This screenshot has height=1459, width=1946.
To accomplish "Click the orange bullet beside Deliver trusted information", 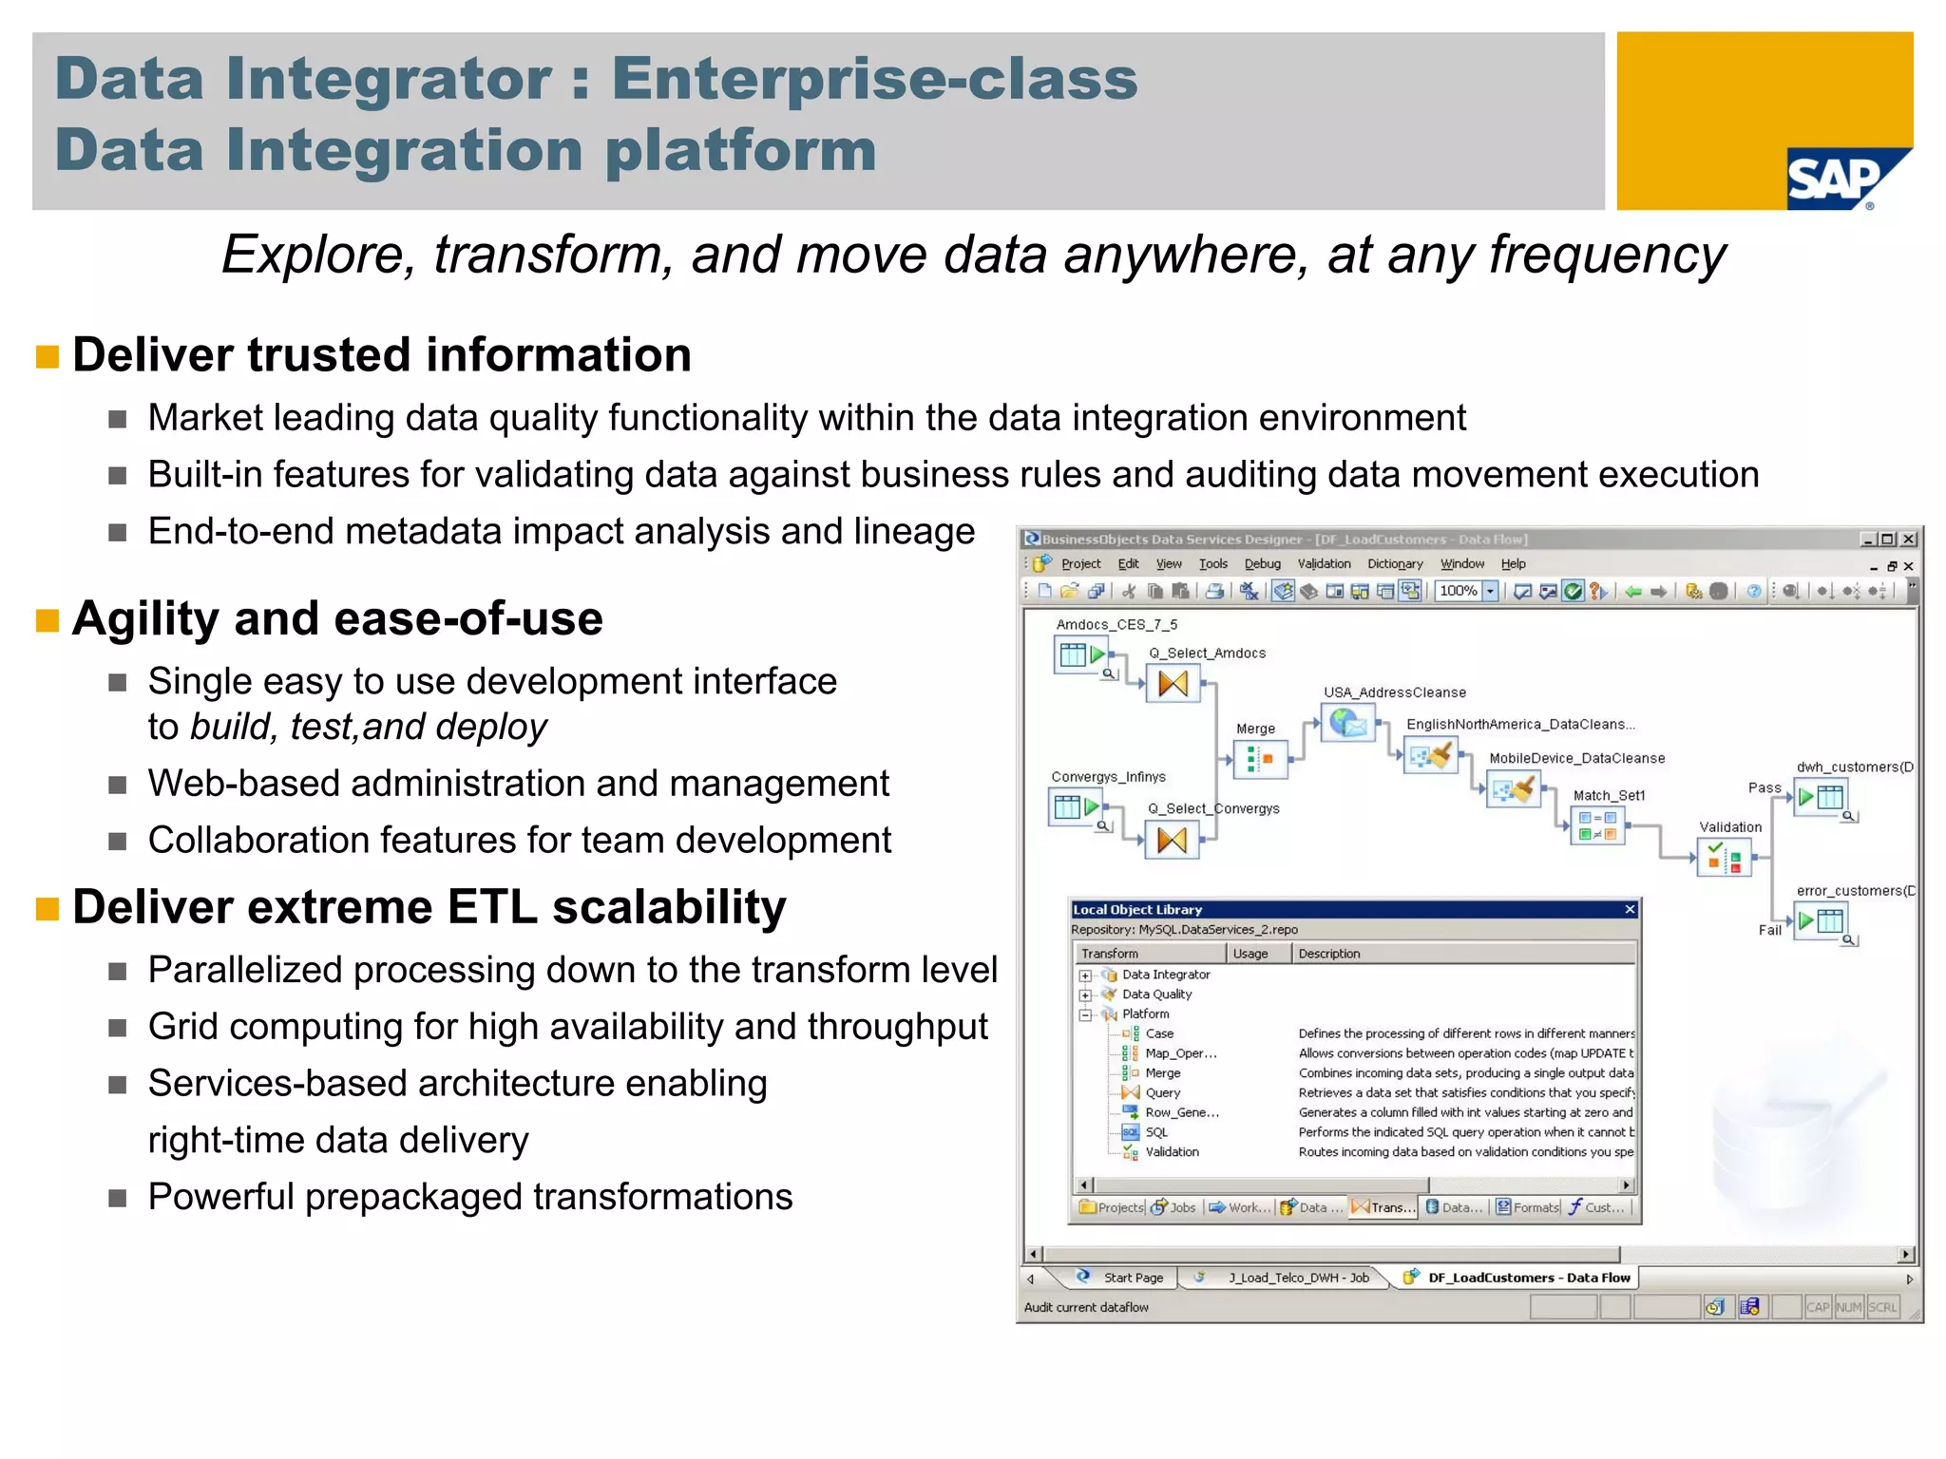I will coord(47,356).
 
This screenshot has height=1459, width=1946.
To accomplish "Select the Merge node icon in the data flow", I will coord(1260,759).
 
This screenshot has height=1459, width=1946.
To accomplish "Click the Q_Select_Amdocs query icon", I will coord(1173,683).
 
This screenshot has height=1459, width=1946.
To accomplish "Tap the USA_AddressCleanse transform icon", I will coord(1348,724).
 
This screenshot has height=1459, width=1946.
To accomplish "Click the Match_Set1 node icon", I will coord(1597,824).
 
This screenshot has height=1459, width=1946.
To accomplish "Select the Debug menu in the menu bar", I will coord(1262,563).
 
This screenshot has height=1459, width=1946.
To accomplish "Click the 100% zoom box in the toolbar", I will coord(1459,591).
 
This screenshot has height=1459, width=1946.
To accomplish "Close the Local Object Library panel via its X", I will coord(1630,909).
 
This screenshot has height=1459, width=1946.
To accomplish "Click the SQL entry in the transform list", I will coord(1156,1132).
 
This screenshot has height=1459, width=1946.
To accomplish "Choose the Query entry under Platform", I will coord(1162,1092).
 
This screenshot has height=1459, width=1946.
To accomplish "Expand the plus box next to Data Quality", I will coord(1085,995).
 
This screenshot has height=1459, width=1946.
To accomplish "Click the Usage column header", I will coord(1250,954).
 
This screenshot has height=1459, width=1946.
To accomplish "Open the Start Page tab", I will coord(1133,1278).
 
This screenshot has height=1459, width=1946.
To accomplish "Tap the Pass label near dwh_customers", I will coord(1764,787).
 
